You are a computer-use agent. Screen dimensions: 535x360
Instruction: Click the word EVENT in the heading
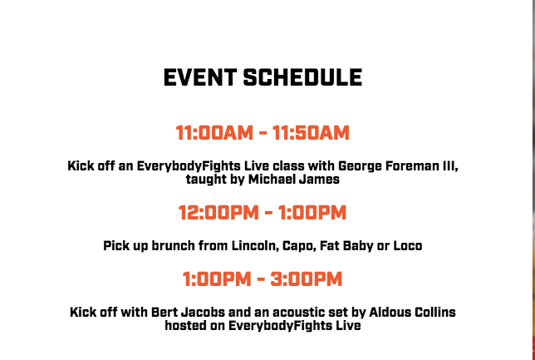(200, 77)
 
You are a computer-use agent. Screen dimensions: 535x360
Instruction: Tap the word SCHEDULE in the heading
(302, 77)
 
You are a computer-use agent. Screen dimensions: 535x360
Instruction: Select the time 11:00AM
(214, 133)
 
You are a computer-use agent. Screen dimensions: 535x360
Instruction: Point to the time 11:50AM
(311, 133)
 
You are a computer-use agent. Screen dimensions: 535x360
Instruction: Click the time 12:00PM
(218, 213)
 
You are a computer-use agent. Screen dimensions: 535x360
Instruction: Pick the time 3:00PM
(307, 279)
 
